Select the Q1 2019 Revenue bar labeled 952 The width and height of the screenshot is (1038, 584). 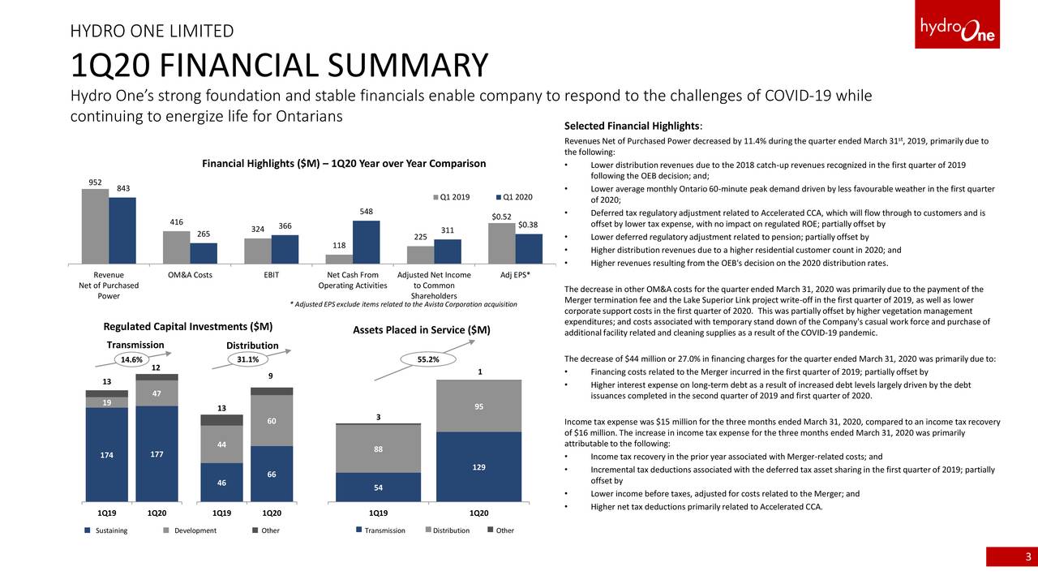coord(95,226)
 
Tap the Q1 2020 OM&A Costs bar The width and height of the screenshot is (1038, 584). coord(204,253)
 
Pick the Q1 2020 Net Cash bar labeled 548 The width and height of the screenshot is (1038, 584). coord(366,242)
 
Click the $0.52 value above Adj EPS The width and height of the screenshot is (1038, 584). coord(501,217)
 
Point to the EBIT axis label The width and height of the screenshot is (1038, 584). coord(272,275)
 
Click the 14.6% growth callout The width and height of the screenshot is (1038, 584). coord(131,359)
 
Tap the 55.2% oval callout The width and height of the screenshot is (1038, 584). coord(428,359)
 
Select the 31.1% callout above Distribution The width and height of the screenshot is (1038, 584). coord(247,359)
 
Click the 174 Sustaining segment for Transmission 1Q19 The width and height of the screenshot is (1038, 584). coord(107,454)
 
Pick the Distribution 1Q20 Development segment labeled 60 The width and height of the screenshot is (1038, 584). coord(272,420)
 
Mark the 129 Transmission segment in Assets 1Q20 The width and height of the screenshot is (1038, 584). coord(478,467)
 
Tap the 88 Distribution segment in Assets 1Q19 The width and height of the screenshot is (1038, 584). coord(378,449)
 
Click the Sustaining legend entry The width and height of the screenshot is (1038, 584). coord(106,530)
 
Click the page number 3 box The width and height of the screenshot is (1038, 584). coord(1011,556)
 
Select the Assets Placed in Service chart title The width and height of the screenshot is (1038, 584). coord(422,330)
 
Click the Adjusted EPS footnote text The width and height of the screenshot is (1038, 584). coord(403,304)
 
